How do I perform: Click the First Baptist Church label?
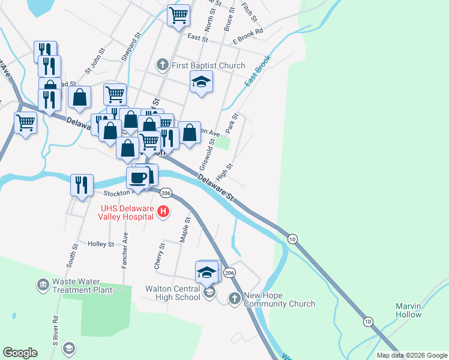(208, 65)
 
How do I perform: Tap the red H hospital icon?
(163, 211)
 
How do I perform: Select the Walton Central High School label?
(172, 293)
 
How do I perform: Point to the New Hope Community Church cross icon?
(235, 298)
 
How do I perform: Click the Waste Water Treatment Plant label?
(82, 286)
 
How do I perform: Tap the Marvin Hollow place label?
(408, 310)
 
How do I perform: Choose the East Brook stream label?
(258, 71)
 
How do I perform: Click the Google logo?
(20, 353)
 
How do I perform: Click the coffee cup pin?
(137, 178)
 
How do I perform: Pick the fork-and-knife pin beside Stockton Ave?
(82, 185)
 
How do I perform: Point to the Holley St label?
(101, 244)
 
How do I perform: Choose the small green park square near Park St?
(223, 143)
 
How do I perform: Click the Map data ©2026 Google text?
(411, 355)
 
